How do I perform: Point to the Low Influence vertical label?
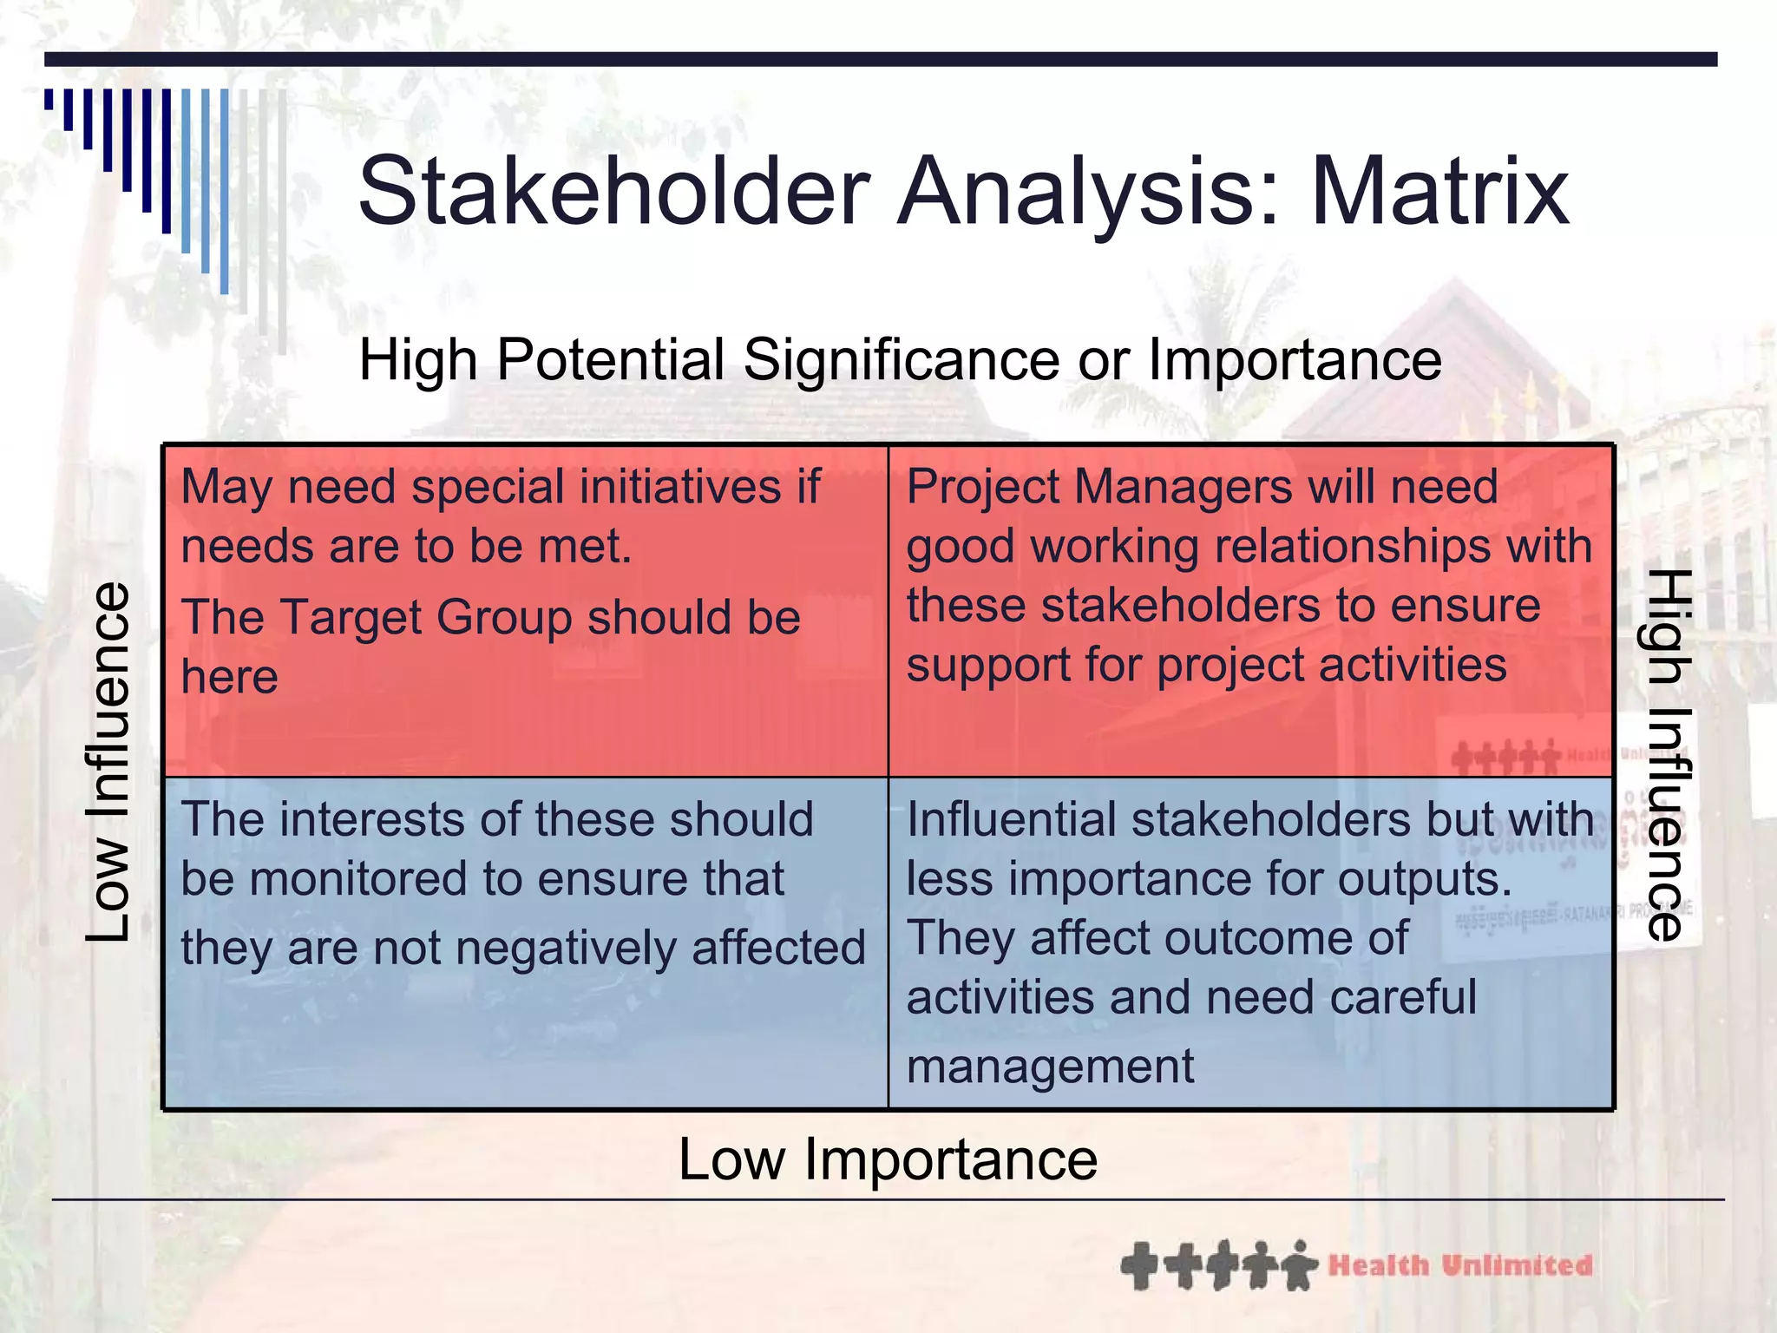coord(108,762)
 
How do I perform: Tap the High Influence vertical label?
coord(1667,755)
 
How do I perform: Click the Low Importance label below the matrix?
coord(888,1159)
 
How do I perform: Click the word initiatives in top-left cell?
coord(682,487)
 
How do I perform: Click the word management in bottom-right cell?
coord(1050,1067)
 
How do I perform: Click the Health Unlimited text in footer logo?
coord(1460,1265)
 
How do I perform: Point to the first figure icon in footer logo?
coord(1138,1266)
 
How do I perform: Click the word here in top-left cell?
coord(230,677)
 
